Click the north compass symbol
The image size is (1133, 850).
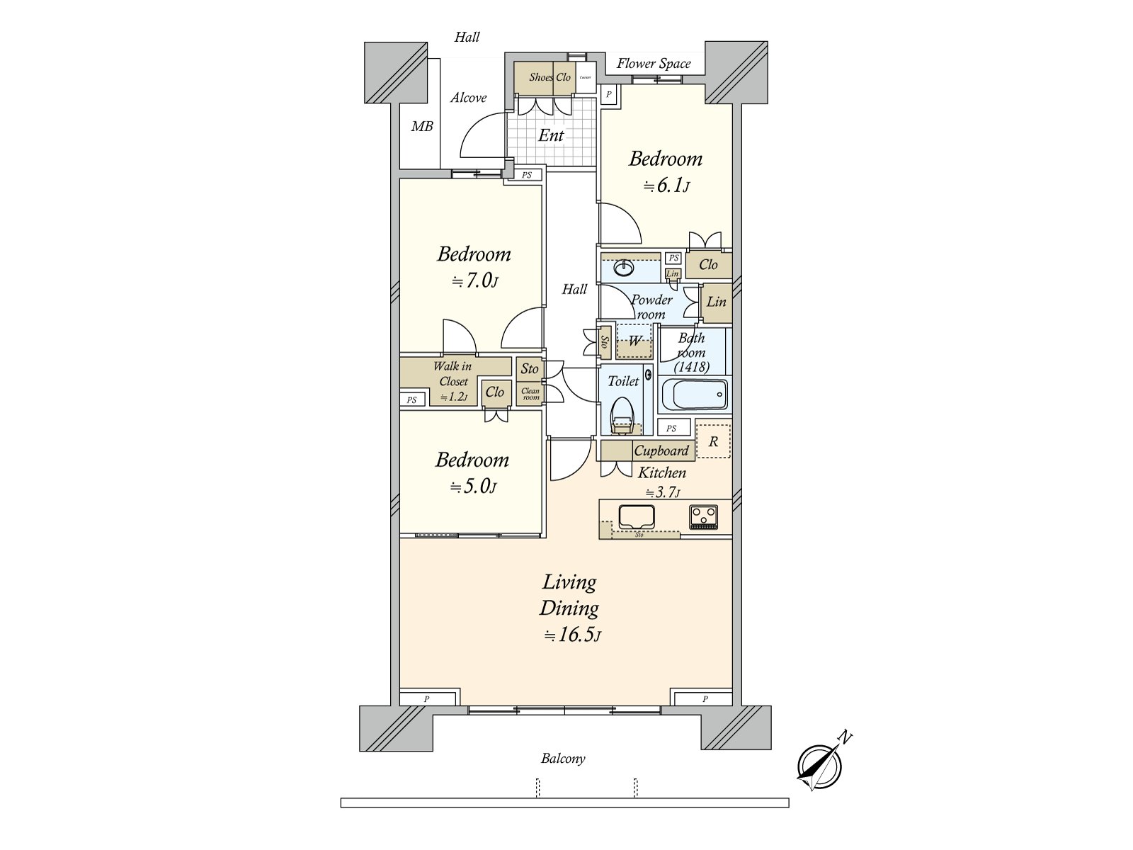[x=820, y=766]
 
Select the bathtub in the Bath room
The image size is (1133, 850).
[x=693, y=395]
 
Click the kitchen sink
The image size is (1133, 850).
[x=636, y=516]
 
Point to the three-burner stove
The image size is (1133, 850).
[x=703, y=516]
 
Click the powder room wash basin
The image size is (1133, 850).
[x=624, y=268]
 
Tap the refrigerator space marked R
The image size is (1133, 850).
[x=713, y=441]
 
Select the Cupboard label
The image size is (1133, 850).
[x=661, y=450]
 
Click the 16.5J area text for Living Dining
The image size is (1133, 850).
[x=572, y=635]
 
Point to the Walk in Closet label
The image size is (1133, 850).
[x=452, y=373]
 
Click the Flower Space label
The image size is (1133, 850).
[x=653, y=64]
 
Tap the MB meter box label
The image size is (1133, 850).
[x=422, y=127]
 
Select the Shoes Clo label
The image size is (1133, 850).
[x=550, y=77]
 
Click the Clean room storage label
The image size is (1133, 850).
[x=530, y=394]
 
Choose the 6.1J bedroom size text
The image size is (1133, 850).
[x=666, y=186]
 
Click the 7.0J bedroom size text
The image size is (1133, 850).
[x=475, y=281]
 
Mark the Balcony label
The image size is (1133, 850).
[x=563, y=759]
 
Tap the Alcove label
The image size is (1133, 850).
[x=468, y=98]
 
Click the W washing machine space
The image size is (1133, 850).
[x=635, y=341]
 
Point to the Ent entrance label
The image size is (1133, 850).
[x=551, y=135]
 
